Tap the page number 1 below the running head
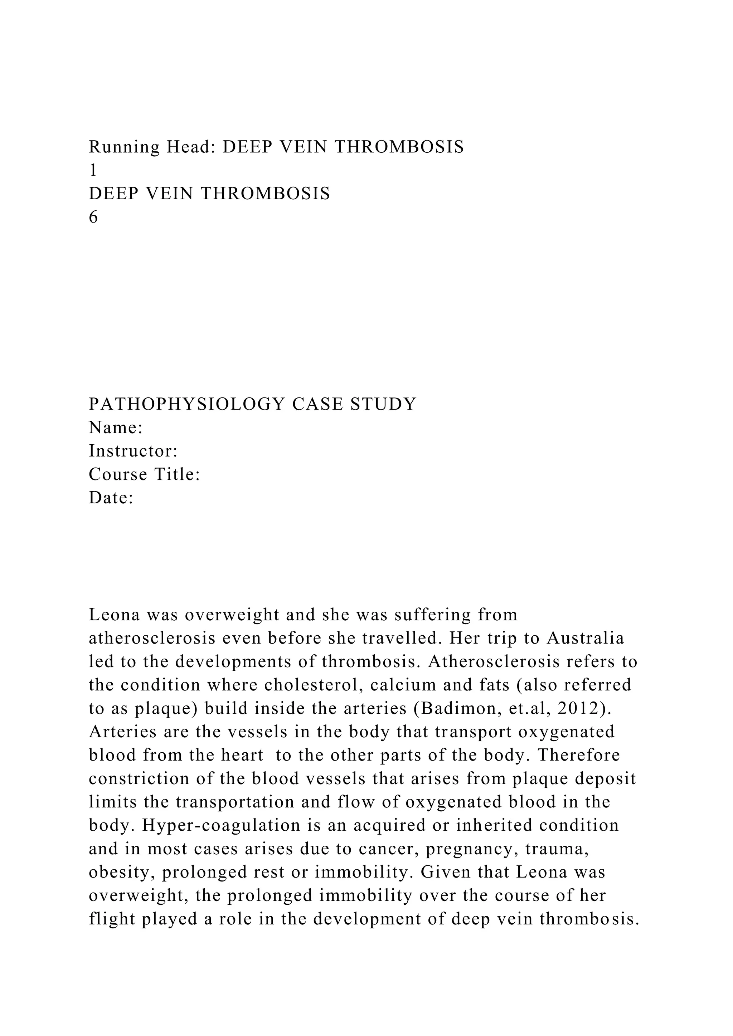pyautogui.click(x=93, y=171)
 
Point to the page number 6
pyautogui.click(x=93, y=218)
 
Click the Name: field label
pyautogui.click(x=116, y=428)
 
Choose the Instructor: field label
pyautogui.click(x=133, y=451)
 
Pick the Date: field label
pyautogui.click(x=111, y=498)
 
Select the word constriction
pyautogui.click(x=138, y=779)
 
